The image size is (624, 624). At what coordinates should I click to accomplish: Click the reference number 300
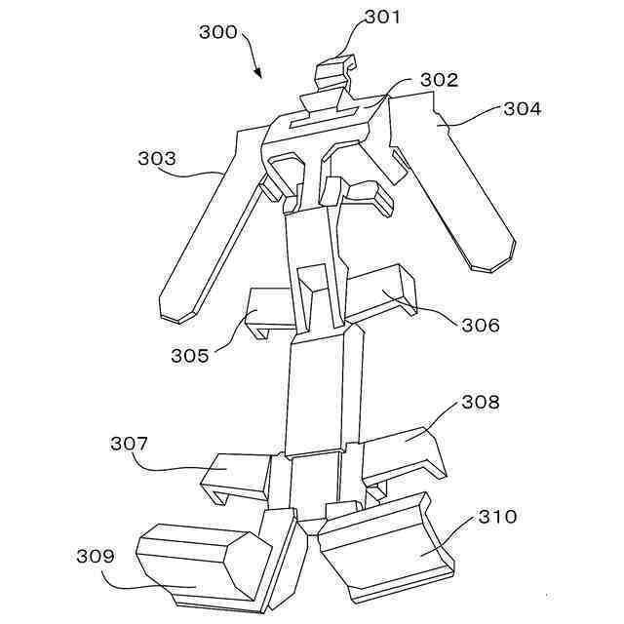coord(218,32)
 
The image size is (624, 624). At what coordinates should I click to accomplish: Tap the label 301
coord(382,18)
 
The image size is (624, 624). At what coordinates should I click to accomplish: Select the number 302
coord(440,80)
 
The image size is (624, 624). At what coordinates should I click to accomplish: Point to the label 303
coord(157,158)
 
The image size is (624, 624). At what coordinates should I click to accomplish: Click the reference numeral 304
coord(523,108)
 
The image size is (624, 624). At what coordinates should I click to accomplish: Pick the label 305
coord(190,355)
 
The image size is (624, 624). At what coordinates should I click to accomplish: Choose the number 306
coord(481,325)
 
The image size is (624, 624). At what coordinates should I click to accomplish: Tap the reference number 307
coord(129,444)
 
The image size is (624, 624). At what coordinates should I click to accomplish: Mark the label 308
coord(481,402)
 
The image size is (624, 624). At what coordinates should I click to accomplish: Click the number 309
coord(96,556)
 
